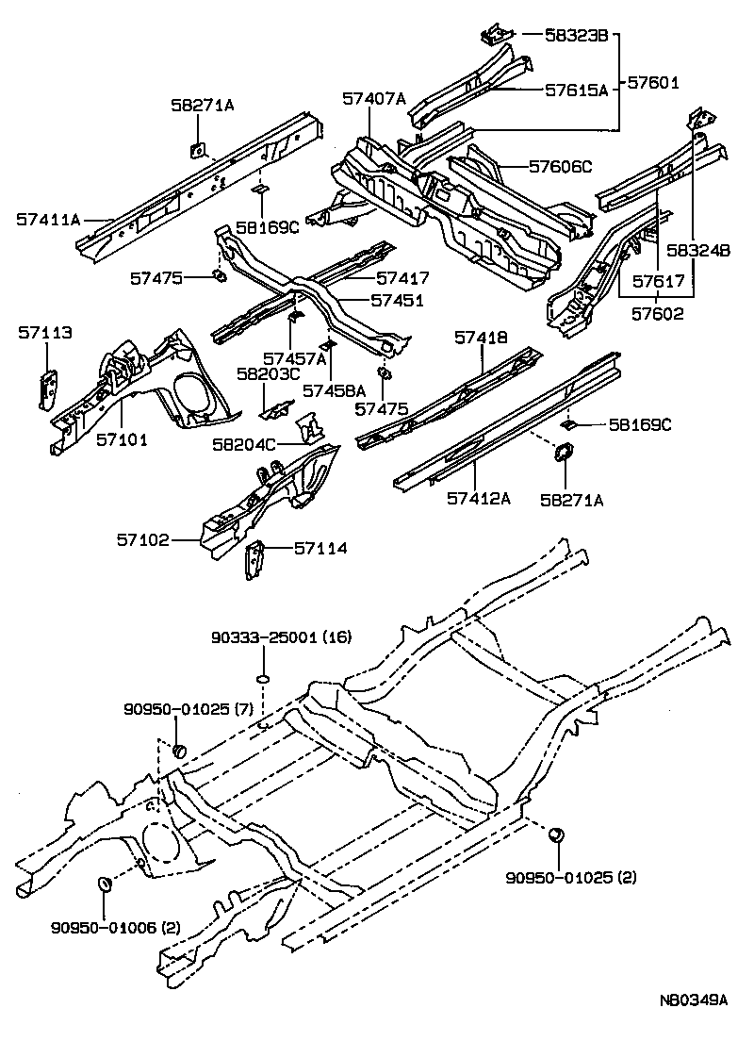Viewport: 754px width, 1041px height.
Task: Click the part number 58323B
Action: pyautogui.click(x=579, y=36)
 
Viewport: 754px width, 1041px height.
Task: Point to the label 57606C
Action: pyautogui.click(x=560, y=167)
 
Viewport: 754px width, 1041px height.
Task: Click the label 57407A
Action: pyautogui.click(x=374, y=98)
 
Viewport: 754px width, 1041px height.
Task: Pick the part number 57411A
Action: pyautogui.click(x=48, y=219)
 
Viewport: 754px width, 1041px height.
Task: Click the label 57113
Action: pyautogui.click(x=44, y=332)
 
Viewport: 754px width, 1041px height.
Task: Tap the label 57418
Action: pyautogui.click(x=481, y=337)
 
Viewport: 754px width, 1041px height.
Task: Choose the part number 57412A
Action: pyautogui.click(x=479, y=498)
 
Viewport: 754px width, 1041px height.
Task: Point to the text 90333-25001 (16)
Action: pyautogui.click(x=280, y=637)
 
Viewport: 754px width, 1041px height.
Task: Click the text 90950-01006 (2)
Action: pyautogui.click(x=115, y=927)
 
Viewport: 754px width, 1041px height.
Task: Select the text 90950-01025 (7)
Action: pyautogui.click(x=188, y=709)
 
